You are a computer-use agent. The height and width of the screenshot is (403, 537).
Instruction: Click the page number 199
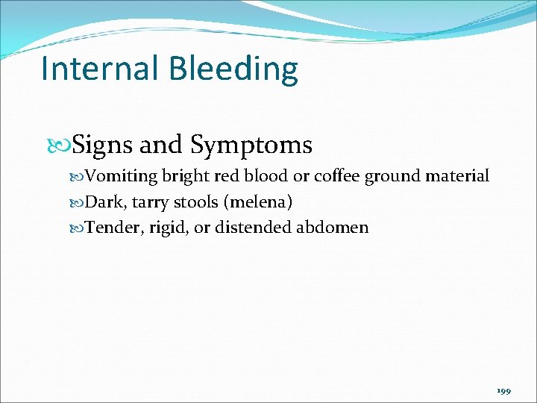[503, 390]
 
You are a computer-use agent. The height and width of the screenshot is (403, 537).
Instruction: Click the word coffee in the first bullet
[337, 177]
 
